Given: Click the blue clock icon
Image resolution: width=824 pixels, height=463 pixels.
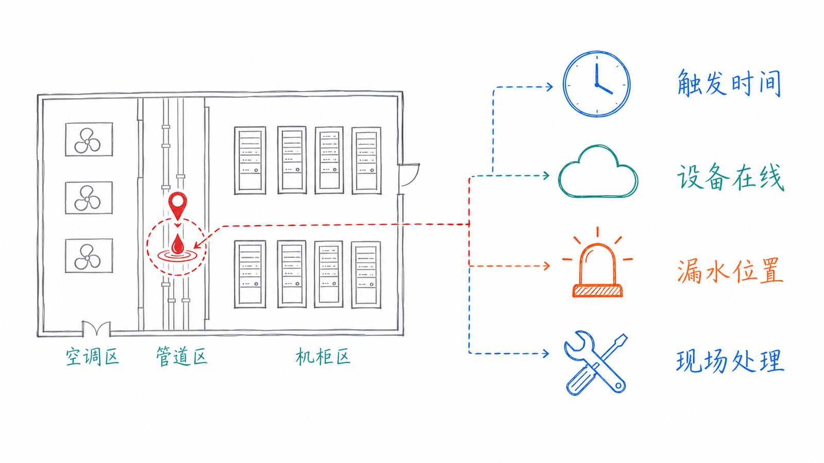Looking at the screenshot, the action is pos(596,84).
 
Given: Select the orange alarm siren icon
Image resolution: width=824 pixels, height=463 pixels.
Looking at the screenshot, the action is pos(597,263).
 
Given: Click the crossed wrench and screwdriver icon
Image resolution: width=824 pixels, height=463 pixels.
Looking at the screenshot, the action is pos(595,363).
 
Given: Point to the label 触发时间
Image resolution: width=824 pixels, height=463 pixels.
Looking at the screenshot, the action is pos(729,83).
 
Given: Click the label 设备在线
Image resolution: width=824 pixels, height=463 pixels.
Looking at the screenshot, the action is pos(731,177).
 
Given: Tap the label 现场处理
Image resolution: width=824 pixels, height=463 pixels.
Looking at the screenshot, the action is pos(730,361).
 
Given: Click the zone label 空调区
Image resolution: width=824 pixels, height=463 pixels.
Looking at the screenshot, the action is pos(92,356).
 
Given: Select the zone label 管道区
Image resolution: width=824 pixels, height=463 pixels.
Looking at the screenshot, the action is pos(181,356).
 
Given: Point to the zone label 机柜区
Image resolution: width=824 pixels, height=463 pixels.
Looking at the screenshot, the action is pos(322,356).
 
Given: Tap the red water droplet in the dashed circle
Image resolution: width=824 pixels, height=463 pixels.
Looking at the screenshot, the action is pos(178,244).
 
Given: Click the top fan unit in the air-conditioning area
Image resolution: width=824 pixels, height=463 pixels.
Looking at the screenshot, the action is pos(89,139).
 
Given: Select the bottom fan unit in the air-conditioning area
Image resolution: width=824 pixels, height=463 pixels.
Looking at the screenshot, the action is pos(89,256).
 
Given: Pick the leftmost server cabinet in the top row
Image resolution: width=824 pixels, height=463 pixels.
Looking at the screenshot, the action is pos(250,161).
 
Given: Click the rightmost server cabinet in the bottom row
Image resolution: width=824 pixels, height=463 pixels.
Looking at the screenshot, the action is pos(366,275).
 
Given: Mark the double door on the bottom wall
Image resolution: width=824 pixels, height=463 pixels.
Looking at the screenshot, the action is pos(96,328).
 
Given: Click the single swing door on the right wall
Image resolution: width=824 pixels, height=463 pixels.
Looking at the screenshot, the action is pos(409,175).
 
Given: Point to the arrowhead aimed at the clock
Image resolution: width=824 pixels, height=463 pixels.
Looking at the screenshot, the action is pos(549,87).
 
